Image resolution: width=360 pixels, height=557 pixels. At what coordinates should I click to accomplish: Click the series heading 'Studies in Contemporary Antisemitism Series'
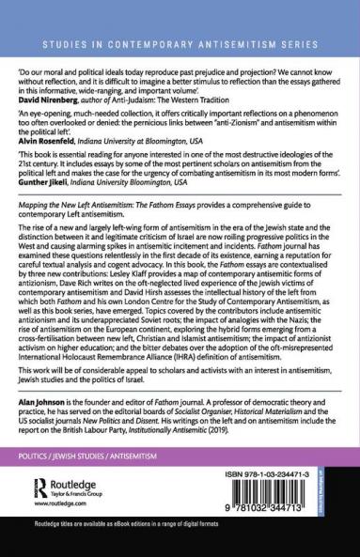(180, 44)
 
